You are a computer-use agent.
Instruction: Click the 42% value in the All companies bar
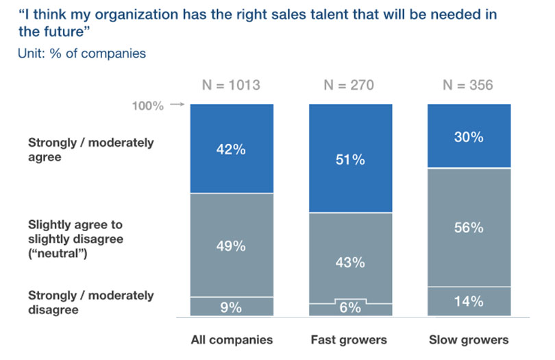point(232,149)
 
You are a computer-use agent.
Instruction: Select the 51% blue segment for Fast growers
point(350,160)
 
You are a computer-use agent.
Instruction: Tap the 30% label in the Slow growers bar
point(469,136)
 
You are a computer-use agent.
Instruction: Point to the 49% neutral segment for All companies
point(232,245)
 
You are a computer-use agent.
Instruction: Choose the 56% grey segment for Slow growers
point(469,228)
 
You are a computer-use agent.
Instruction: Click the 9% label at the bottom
point(232,308)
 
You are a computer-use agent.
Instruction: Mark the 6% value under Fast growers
point(350,308)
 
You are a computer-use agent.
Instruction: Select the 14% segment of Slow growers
point(469,301)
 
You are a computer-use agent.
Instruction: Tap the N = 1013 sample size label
point(232,86)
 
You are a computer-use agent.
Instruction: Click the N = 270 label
point(350,86)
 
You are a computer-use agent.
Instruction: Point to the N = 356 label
point(469,86)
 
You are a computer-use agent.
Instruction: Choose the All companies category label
point(232,339)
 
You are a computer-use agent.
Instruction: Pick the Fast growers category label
point(350,339)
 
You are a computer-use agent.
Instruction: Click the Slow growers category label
point(469,339)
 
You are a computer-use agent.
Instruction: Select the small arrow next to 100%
point(177,105)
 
